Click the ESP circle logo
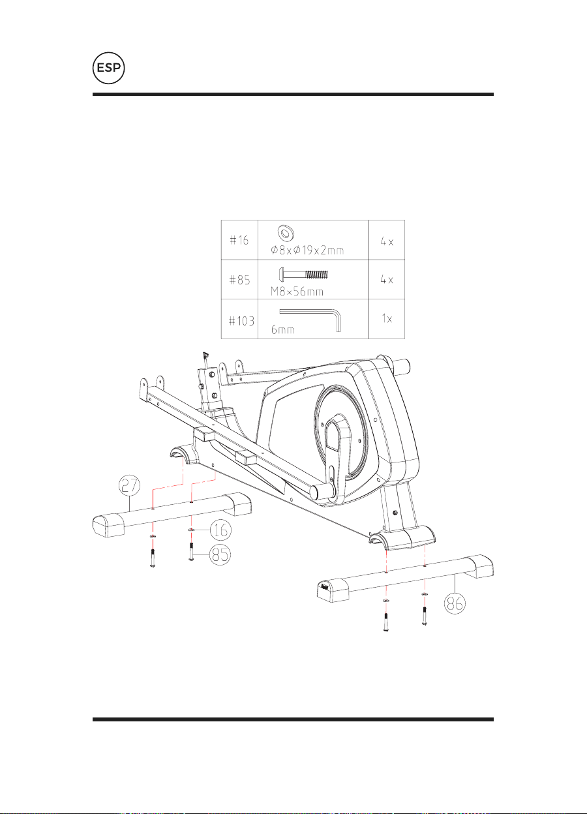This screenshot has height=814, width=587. (x=108, y=68)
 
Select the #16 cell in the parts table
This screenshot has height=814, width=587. (x=239, y=240)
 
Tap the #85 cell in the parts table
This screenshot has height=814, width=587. (x=239, y=279)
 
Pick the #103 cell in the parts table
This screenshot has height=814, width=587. (x=239, y=319)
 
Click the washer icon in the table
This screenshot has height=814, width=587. (x=286, y=233)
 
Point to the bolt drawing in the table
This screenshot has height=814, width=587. (x=303, y=274)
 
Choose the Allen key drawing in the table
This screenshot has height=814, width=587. (x=310, y=320)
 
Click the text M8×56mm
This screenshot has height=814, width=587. (x=297, y=291)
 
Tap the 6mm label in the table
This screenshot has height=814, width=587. (x=283, y=329)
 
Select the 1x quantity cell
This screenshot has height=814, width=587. (x=387, y=319)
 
